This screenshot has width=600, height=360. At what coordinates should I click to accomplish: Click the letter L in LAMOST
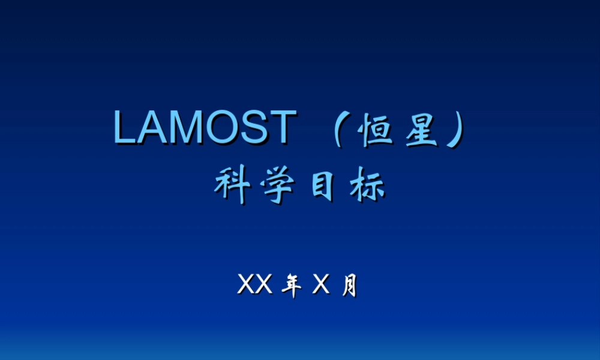click(125, 128)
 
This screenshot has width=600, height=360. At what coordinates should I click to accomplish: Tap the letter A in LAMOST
click(152, 128)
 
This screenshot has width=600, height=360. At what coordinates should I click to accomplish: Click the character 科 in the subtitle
click(232, 187)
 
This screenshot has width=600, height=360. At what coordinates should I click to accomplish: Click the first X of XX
click(247, 286)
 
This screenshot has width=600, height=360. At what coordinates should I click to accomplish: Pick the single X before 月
click(322, 286)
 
